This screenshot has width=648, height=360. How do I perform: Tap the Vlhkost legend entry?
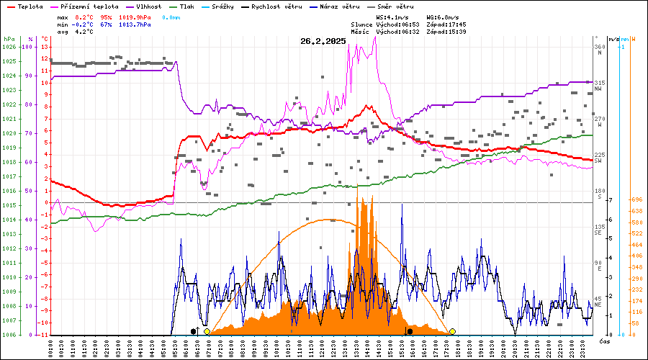tap(148, 6)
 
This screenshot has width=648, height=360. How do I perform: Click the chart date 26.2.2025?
tap(323, 41)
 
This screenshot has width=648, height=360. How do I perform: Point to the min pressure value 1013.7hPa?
tap(136, 24)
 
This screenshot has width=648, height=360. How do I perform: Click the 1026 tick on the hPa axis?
tap(9, 47)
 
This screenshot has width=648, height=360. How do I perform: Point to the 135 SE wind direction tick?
tap(598, 230)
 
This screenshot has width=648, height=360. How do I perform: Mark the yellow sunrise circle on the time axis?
tap(207, 331)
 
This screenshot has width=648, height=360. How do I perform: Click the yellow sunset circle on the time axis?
tap(452, 331)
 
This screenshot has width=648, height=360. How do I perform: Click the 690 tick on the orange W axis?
tap(636, 199)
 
